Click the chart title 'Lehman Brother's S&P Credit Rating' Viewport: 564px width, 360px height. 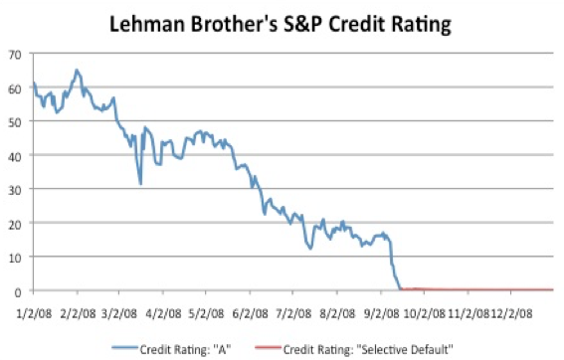click(x=281, y=25)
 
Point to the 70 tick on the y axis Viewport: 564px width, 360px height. click(x=15, y=55)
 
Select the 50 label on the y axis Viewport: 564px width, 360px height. click(x=15, y=122)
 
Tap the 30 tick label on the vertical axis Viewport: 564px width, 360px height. click(x=15, y=190)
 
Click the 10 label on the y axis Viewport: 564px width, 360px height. click(x=15, y=258)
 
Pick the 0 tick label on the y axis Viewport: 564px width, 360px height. click(x=18, y=292)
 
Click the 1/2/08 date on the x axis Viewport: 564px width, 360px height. click(x=34, y=313)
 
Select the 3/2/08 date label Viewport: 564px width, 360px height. click(x=119, y=313)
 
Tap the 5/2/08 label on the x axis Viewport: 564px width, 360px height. click(x=206, y=313)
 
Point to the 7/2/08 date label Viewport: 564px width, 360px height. click(x=293, y=313)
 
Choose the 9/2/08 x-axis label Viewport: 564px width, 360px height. click(x=381, y=313)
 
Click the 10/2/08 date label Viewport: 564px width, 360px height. click(x=425, y=313)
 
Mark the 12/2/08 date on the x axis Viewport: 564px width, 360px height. click(x=511, y=313)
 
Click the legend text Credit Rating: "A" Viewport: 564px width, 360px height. click(x=185, y=349)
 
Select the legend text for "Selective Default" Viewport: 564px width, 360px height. click(x=368, y=349)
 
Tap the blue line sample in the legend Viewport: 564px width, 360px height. click(x=124, y=347)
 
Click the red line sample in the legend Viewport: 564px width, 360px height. click(x=268, y=347)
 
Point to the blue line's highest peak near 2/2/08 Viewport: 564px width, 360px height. click(x=77, y=70)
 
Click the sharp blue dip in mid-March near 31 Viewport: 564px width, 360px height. click(x=140, y=184)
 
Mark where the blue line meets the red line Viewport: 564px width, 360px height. click(x=401, y=289)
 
